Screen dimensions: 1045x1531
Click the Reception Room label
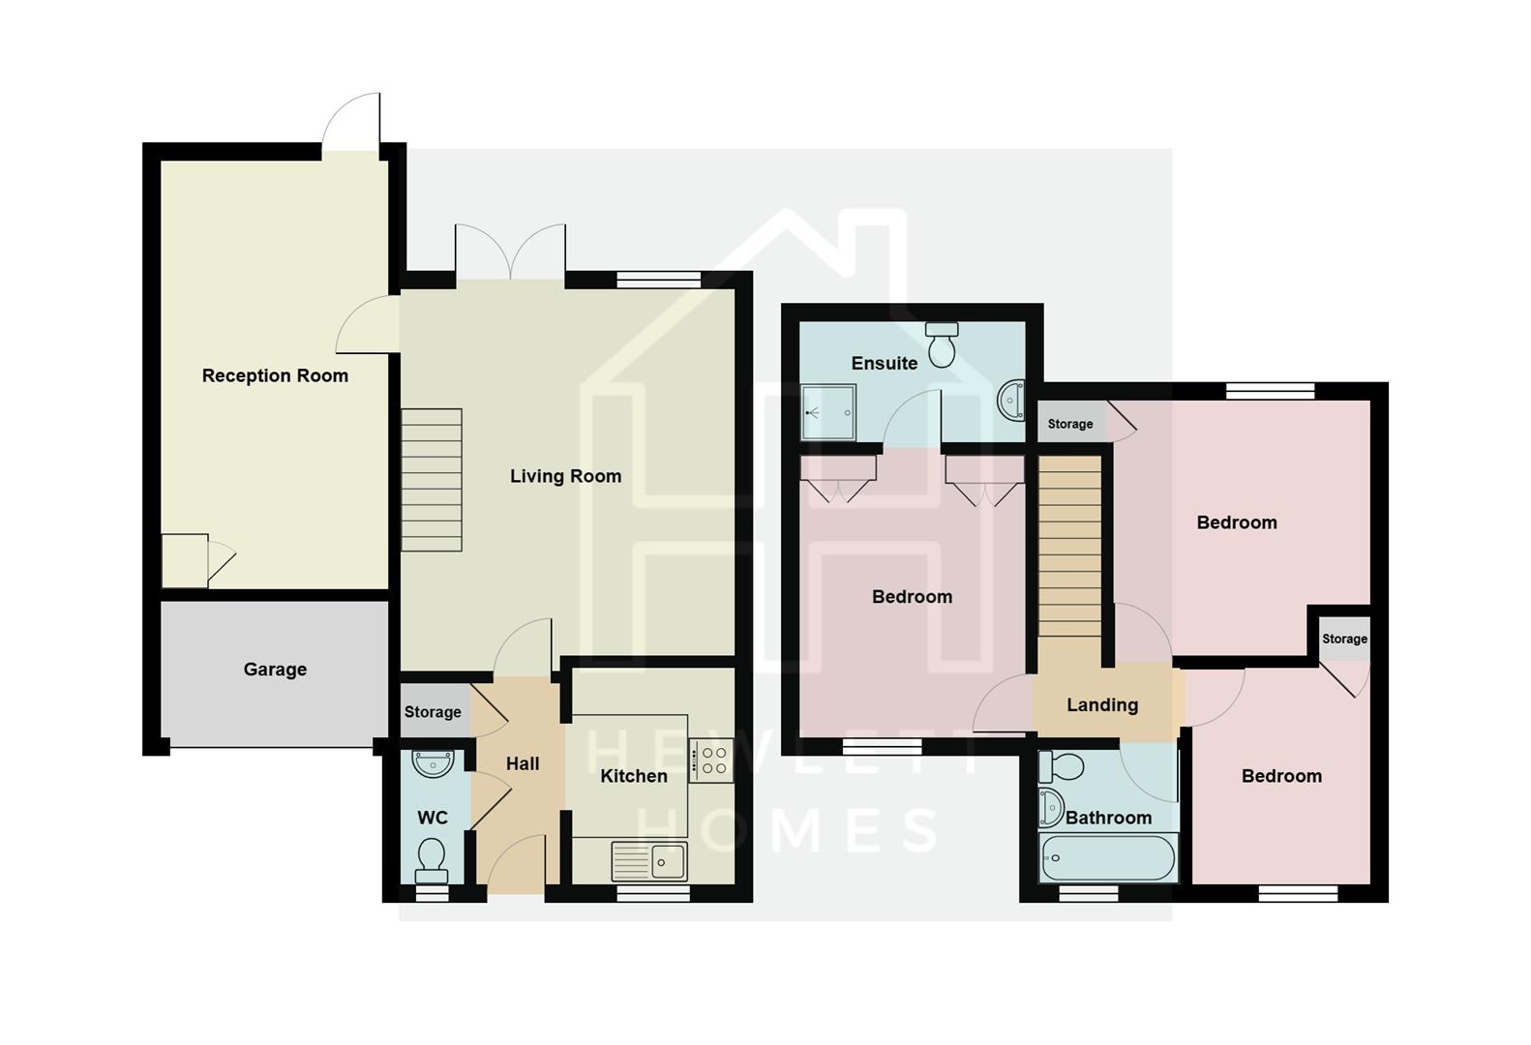pyautogui.click(x=275, y=375)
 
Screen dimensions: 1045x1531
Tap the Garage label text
pyautogui.click(x=275, y=669)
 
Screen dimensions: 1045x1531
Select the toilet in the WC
pyautogui.click(x=432, y=858)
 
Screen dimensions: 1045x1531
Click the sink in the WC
pyautogui.click(x=432, y=763)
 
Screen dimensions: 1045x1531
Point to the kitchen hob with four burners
pyautogui.click(x=712, y=761)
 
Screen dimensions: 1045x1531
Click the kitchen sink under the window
pyautogui.click(x=649, y=861)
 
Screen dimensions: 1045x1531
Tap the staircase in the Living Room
pyautogui.click(x=432, y=480)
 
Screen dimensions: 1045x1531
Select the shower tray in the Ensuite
pyautogui.click(x=828, y=412)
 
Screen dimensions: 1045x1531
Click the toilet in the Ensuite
pyautogui.click(x=942, y=344)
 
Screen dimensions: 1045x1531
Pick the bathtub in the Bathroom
pyautogui.click(x=1107, y=857)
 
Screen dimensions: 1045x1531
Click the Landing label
pyautogui.click(x=1101, y=704)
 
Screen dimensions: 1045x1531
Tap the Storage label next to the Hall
pyautogui.click(x=433, y=712)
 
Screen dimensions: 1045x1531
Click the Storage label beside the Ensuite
pyautogui.click(x=1069, y=424)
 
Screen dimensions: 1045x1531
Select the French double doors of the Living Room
pyautogui.click(x=510, y=254)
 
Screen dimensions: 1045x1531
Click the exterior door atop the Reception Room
pyautogui.click(x=350, y=124)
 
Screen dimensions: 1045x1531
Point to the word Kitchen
pyautogui.click(x=633, y=776)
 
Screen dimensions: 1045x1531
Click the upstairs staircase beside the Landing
pyautogui.click(x=1069, y=546)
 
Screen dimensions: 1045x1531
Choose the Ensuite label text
pyautogui.click(x=884, y=363)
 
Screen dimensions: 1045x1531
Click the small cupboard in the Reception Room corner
pyautogui.click(x=184, y=560)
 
